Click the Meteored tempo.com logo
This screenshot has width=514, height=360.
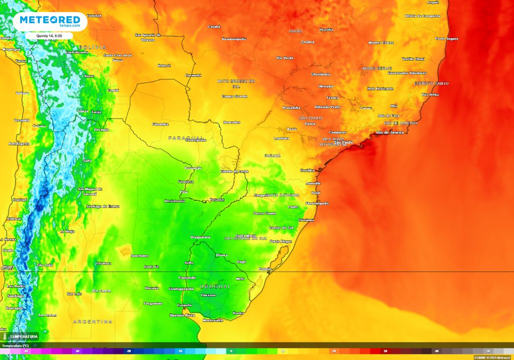(50, 21)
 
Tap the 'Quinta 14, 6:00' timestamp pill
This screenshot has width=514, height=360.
(50, 36)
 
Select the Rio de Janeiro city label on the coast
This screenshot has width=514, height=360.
(390, 133)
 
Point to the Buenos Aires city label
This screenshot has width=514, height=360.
(182, 315)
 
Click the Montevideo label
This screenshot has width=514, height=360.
(212, 320)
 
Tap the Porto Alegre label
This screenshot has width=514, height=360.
(280, 242)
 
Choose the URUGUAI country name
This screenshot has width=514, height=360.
(214, 286)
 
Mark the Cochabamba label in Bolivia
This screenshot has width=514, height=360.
(77, 52)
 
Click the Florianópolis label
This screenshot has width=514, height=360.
(317, 203)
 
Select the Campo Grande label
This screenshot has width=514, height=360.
(234, 96)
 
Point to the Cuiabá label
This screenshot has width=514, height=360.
(214, 27)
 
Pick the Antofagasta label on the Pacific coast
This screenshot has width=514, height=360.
(20, 144)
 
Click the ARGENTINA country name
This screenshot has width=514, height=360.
(92, 321)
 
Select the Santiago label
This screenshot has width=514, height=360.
(15, 296)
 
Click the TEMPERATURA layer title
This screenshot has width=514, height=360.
(24, 336)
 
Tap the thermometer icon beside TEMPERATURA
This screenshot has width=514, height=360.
(5, 336)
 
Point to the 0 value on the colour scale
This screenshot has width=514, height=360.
(231, 351)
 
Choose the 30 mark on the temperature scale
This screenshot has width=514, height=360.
(385, 351)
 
